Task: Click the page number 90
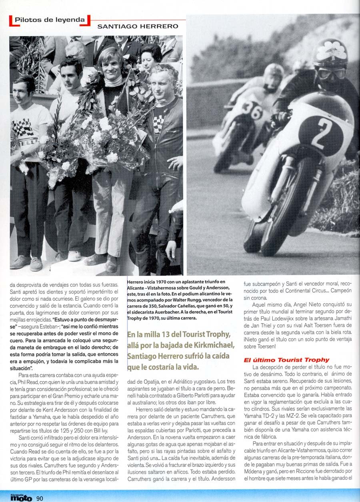[x=40, y=498]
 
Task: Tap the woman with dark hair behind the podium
[x=150, y=56]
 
